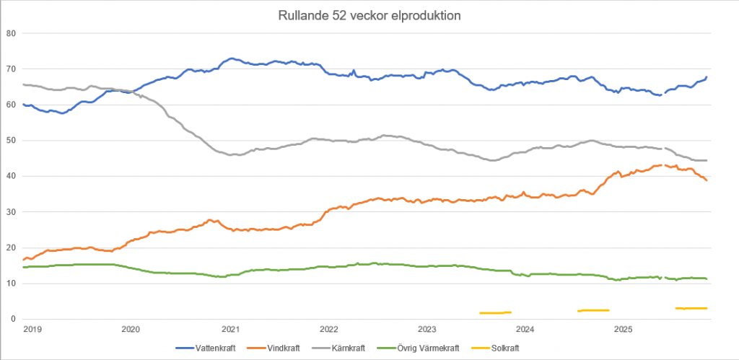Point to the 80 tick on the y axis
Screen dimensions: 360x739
(x=11, y=33)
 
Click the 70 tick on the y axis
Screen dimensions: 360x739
(x=11, y=69)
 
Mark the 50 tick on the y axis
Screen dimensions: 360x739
(x=11, y=141)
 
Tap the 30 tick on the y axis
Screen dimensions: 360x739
(x=11, y=212)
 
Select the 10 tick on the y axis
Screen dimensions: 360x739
(x=11, y=284)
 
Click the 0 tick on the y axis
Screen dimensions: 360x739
(x=13, y=319)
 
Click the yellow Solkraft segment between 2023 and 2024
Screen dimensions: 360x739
(x=495, y=312)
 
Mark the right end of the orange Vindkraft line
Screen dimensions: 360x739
(x=707, y=180)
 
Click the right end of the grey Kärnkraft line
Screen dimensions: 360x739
(x=707, y=160)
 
